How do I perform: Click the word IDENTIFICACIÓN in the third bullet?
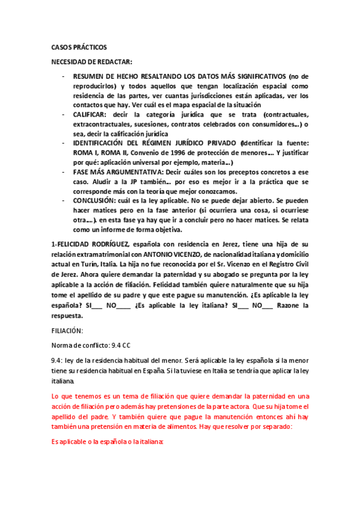(x=102, y=143)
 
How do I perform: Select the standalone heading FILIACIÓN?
(x=67, y=331)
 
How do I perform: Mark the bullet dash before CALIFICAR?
(x=64, y=114)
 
